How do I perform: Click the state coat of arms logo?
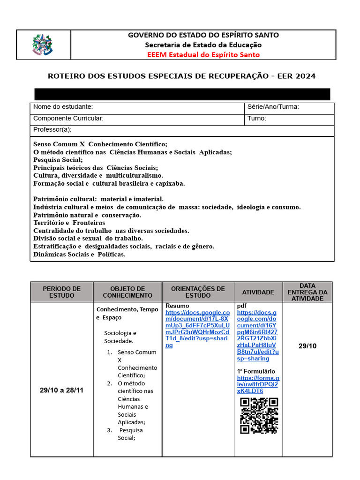(43, 45)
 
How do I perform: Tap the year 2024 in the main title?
(305, 76)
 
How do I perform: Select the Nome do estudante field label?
(63, 107)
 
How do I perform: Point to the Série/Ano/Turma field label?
(273, 107)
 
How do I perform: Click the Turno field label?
(257, 119)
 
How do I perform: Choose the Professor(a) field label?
(52, 129)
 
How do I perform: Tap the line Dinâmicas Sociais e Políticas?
(80, 255)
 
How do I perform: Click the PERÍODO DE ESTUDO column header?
(62, 292)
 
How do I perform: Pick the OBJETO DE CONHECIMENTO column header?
(127, 292)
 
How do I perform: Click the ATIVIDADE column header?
(258, 292)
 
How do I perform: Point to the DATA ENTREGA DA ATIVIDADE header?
(307, 292)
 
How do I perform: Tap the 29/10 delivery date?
(307, 346)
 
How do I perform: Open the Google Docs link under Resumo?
(197, 329)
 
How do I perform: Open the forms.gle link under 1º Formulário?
(258, 384)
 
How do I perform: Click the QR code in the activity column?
(259, 415)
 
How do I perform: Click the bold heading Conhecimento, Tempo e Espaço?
(127, 313)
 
